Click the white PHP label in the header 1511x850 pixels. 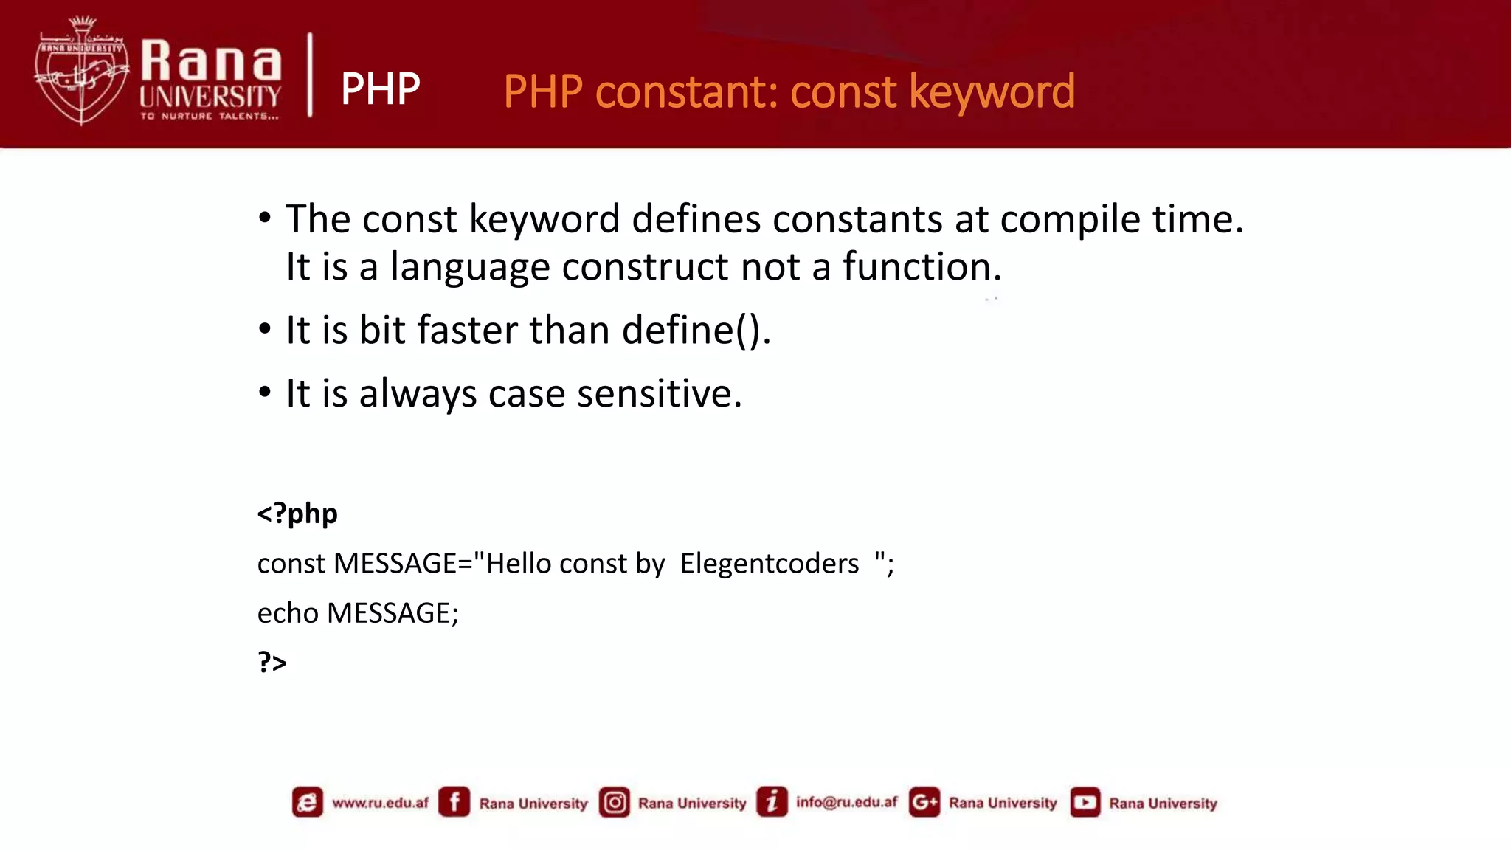(x=380, y=89)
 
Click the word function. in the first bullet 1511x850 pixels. (x=922, y=266)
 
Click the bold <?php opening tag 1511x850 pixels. (x=297, y=513)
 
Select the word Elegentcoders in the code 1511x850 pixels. (x=769, y=564)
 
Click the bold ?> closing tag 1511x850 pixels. (x=272, y=662)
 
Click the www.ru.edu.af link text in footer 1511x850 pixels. (x=380, y=803)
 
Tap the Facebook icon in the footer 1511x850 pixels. (x=454, y=802)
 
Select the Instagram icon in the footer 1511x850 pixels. (x=614, y=802)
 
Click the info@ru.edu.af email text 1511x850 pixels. (x=846, y=802)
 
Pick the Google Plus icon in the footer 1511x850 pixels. (x=924, y=802)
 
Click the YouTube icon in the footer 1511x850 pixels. (x=1085, y=802)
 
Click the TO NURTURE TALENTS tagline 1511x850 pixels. (x=210, y=116)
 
